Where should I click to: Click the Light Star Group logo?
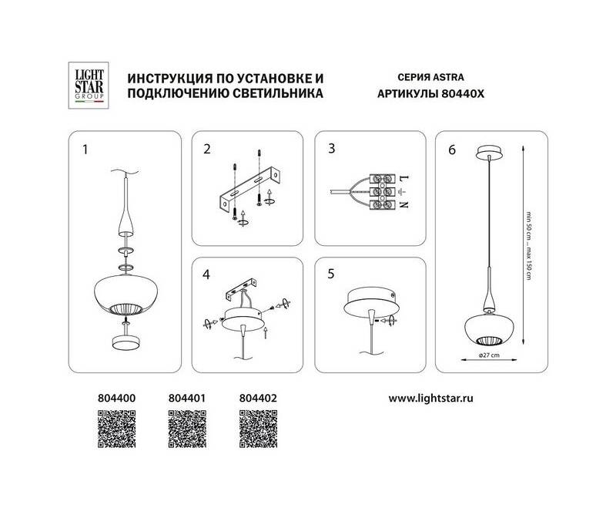[x=89, y=86]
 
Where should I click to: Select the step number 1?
[x=85, y=150]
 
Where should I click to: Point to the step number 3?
[x=332, y=149]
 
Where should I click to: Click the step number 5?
[x=331, y=274]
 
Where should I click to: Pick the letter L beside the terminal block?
[x=403, y=178]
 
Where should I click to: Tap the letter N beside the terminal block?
[x=403, y=204]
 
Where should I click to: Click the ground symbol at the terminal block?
[x=402, y=192]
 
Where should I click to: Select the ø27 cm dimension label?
[x=489, y=355]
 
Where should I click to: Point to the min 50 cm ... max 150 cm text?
[x=529, y=246]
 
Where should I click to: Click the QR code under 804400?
[x=117, y=429]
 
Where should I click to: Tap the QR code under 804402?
[x=258, y=429]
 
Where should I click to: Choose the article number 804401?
[x=187, y=398]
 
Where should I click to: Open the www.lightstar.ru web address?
[x=431, y=399]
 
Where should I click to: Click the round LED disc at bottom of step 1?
[x=126, y=342]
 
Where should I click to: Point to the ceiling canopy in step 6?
[x=489, y=153]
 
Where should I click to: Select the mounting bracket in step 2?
[x=249, y=190]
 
